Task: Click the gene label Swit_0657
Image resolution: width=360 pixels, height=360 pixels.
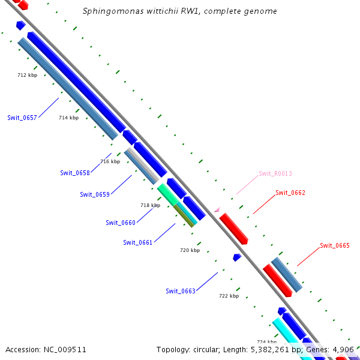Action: [x=22, y=118]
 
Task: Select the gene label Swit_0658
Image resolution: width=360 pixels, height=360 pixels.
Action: [x=75, y=173]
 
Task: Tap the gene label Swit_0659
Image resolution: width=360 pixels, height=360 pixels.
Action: [x=95, y=194]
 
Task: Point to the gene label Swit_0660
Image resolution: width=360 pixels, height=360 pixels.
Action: [x=121, y=223]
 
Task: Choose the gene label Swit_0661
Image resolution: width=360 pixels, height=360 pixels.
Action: [x=138, y=242]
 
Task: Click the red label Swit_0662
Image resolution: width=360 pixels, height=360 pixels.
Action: [x=290, y=193]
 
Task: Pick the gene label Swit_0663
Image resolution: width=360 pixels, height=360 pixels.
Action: [x=181, y=291]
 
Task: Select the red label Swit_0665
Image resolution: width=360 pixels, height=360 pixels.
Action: [x=334, y=245]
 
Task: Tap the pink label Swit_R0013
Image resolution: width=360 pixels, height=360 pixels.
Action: [x=275, y=173]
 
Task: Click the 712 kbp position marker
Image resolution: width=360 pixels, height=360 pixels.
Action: [x=28, y=75]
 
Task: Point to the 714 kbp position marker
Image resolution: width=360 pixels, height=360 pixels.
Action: [x=68, y=118]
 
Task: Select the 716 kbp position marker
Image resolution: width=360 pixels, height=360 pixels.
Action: [x=110, y=161]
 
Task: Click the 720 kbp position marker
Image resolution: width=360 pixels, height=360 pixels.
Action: [x=190, y=250]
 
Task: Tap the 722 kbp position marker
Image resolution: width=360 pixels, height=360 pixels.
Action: [x=229, y=296]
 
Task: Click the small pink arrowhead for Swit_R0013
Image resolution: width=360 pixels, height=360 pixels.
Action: [x=217, y=209]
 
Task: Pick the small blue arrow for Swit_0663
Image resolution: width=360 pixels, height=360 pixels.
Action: [x=237, y=257]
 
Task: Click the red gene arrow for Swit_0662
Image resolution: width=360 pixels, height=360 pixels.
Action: [x=233, y=229]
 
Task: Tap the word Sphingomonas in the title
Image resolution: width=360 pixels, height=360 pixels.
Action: [x=105, y=11]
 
